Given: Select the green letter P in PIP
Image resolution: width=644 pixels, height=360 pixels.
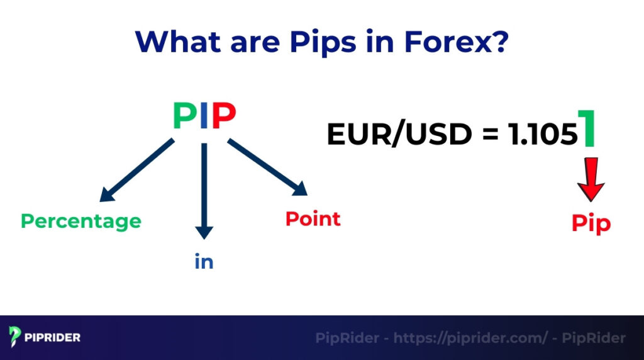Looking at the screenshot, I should click(184, 116).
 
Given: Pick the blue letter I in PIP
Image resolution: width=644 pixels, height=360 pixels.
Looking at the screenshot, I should click(204, 116).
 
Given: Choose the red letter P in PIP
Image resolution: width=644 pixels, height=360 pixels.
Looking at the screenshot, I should click(224, 116).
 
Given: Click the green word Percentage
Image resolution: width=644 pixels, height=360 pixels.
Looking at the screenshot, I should click(81, 222).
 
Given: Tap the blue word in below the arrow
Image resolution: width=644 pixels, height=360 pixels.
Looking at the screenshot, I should click(204, 262).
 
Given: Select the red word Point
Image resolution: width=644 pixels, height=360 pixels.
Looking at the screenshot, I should click(313, 219).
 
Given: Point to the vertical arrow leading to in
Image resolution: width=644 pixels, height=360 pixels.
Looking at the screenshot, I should click(204, 189).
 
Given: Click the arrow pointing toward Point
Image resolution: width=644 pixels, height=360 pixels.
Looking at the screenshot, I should click(267, 168).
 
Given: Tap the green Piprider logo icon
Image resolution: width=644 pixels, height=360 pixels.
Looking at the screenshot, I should click(15, 337).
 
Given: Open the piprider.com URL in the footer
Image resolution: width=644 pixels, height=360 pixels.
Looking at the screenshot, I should click(470, 338).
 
